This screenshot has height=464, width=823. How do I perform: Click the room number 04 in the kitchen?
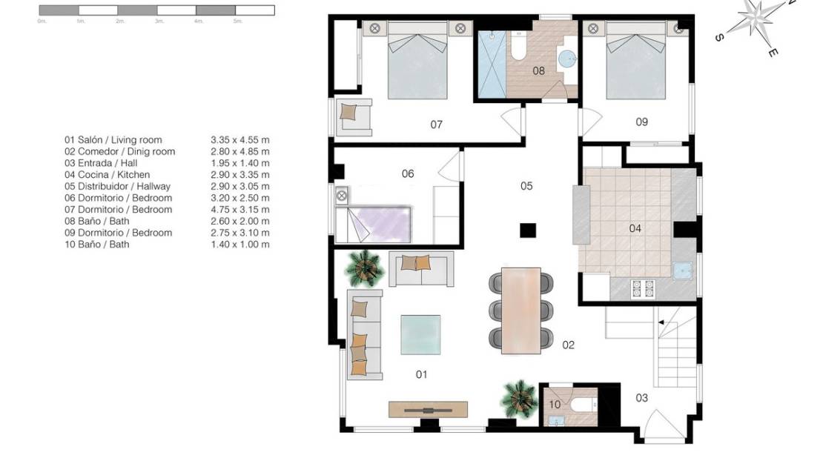click(x=635, y=228)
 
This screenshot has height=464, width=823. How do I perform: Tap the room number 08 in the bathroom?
click(x=539, y=71)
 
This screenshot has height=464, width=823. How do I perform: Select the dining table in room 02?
click(x=521, y=310)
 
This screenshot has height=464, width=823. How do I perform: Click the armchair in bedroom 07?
click(x=354, y=116)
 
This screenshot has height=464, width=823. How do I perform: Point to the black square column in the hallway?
click(x=527, y=231)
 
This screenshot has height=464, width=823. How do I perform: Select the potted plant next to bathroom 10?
click(x=518, y=399)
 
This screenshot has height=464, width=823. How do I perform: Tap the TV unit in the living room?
click(x=428, y=410)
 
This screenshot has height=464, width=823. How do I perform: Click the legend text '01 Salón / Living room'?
click(x=113, y=140)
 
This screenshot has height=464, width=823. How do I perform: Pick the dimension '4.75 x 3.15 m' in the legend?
click(x=239, y=210)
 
